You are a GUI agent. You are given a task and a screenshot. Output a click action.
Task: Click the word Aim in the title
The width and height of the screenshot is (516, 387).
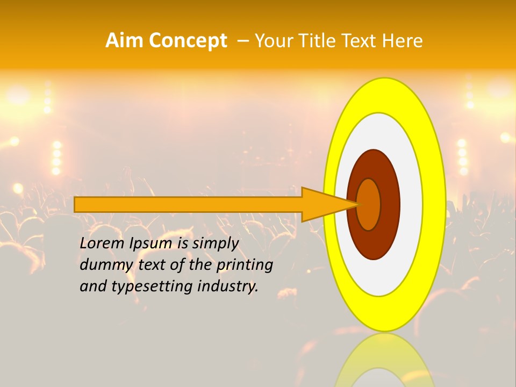pyautogui.click(x=123, y=40)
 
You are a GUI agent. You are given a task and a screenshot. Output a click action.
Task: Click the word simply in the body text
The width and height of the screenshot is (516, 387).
pyautogui.click(x=215, y=244)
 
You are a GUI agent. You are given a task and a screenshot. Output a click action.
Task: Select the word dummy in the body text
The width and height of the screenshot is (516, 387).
pyautogui.click(x=104, y=265)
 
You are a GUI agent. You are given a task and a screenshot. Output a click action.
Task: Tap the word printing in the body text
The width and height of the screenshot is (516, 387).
pyautogui.click(x=245, y=266)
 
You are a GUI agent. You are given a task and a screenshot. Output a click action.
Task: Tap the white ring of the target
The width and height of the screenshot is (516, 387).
pyautogui.click(x=411, y=204)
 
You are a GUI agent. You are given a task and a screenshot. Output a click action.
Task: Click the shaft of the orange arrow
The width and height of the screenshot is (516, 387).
pyautogui.click(x=188, y=204)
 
